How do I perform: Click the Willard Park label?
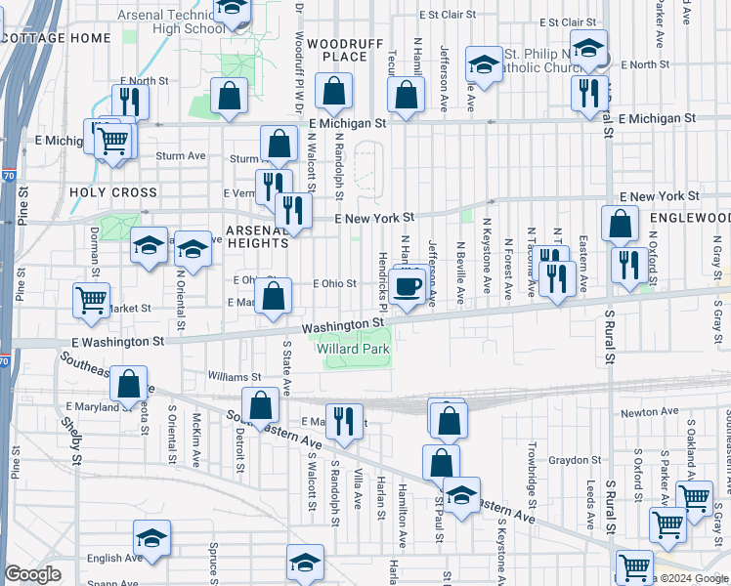pyautogui.click(x=353, y=349)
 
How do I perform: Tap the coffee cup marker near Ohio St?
pyautogui.click(x=408, y=286)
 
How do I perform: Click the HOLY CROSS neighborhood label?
pyautogui.click(x=113, y=192)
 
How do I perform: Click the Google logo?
pyautogui.click(x=32, y=574)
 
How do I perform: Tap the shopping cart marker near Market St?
pyautogui.click(x=91, y=300)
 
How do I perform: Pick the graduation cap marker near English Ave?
pyautogui.click(x=152, y=537)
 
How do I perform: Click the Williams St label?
pyautogui.click(x=235, y=376)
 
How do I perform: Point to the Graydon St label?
pyautogui.click(x=574, y=459)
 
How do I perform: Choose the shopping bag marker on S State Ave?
pyautogui.click(x=261, y=404)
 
